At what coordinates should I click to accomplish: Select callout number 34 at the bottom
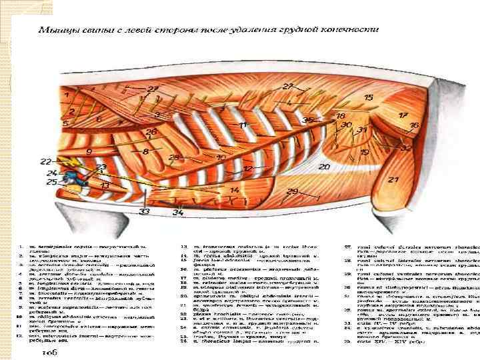click(178, 212)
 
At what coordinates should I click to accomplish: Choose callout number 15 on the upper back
click(369, 98)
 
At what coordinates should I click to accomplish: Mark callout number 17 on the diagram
click(403, 115)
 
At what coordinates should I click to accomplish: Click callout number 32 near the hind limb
click(406, 147)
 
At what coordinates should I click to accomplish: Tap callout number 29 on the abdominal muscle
click(292, 192)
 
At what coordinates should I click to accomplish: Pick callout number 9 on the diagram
click(89, 152)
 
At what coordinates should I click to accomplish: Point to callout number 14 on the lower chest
click(234, 190)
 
